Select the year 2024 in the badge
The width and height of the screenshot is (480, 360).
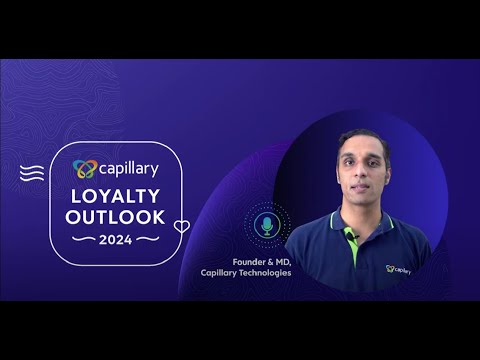119,239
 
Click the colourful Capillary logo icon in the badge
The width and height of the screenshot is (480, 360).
86,169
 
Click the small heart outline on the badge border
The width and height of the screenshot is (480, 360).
181,226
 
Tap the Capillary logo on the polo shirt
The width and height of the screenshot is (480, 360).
399,267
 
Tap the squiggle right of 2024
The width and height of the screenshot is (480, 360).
147,239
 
